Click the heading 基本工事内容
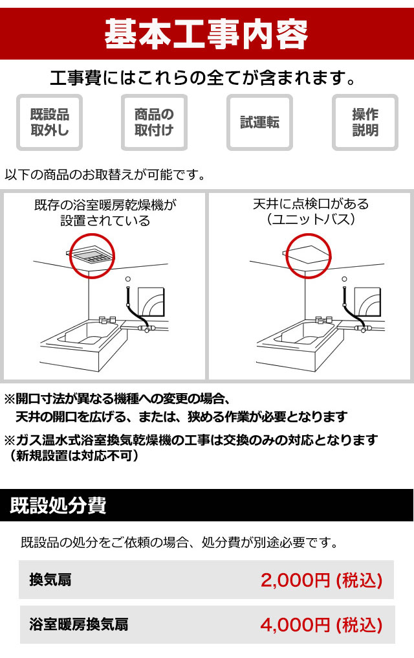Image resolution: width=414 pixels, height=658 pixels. click(x=206, y=31)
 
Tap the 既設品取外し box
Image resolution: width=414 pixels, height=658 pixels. click(x=49, y=122)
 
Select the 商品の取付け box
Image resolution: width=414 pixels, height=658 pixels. click(x=154, y=122)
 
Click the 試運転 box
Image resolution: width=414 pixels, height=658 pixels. click(x=259, y=122)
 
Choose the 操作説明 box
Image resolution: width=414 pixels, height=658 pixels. click(x=365, y=122)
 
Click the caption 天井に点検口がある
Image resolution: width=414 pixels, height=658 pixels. click(x=310, y=204)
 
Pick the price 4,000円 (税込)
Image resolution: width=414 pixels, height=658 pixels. click(x=321, y=625)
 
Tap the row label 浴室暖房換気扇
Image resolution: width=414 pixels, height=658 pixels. click(x=78, y=625)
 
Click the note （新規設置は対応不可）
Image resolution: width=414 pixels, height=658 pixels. click(x=74, y=456)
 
